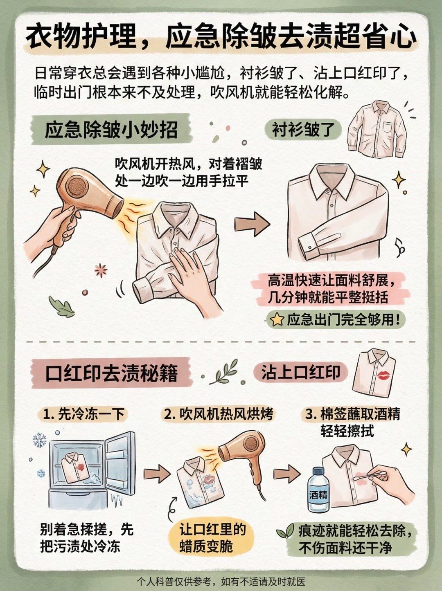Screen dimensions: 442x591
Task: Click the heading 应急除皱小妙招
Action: tap(111, 130)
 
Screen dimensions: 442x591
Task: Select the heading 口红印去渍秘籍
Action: tap(111, 373)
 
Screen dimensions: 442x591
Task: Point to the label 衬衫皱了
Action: tap(303, 130)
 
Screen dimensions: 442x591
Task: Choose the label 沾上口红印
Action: tap(300, 372)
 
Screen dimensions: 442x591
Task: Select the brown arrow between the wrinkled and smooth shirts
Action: tap(252, 223)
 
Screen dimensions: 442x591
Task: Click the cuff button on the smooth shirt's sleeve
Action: tap(310, 247)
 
